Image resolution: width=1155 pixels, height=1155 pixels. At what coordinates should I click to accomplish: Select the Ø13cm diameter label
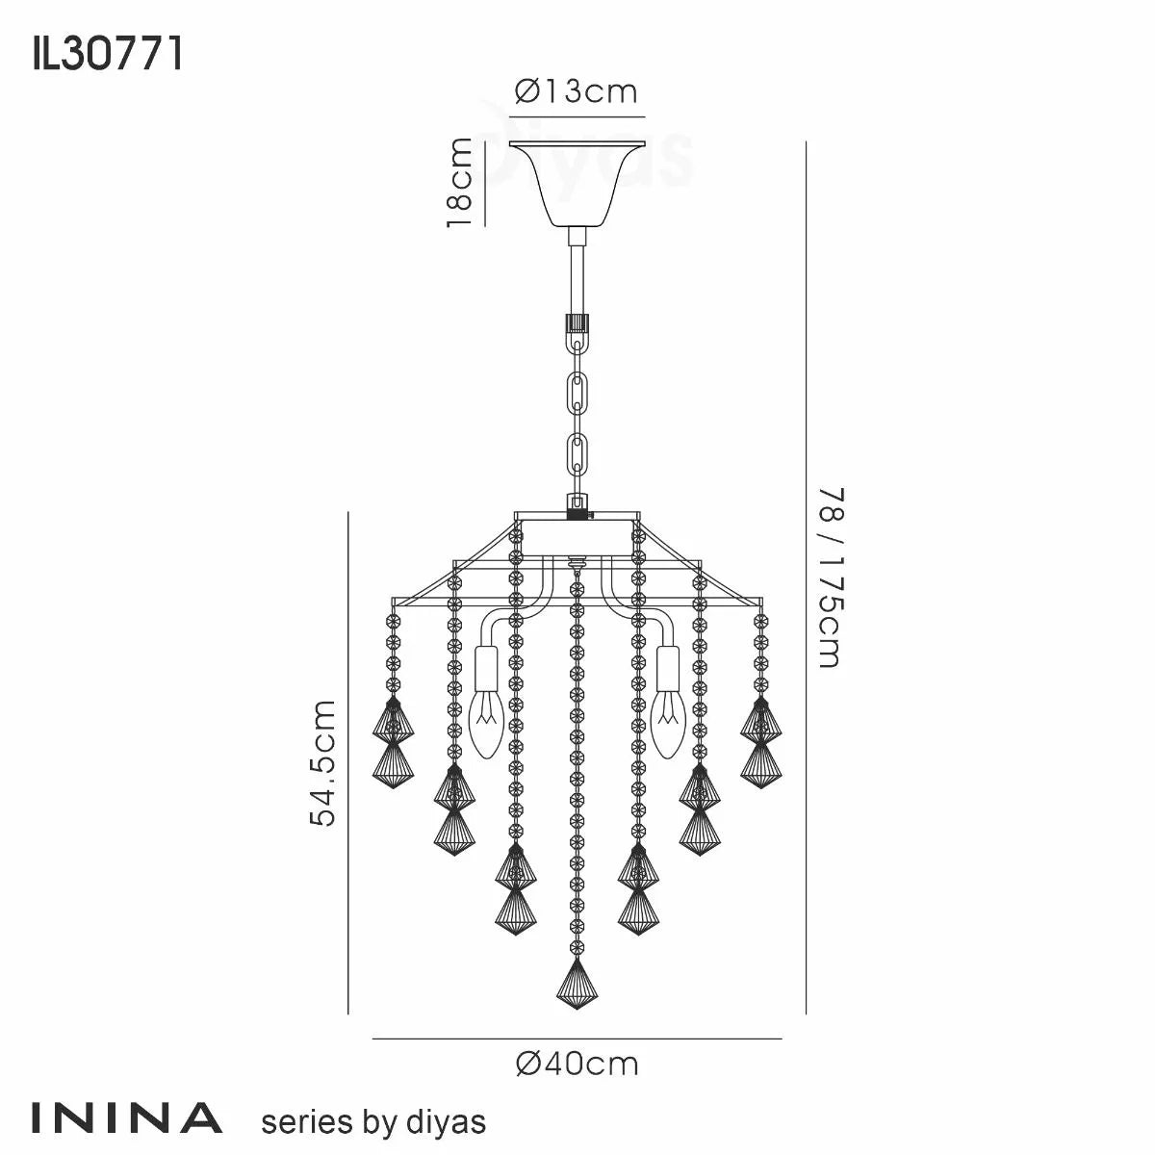point(577,91)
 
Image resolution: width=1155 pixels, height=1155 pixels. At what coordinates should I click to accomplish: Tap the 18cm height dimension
point(459,183)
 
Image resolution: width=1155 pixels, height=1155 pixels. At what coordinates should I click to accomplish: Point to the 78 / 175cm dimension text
point(829,577)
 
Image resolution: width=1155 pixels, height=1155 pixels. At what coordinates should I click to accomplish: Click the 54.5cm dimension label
point(323,762)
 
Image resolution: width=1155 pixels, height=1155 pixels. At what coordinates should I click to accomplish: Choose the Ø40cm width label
point(577,1064)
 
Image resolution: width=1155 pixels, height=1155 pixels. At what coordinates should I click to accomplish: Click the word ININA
point(128,1118)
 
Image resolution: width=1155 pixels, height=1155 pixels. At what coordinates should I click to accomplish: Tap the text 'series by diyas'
point(373,1121)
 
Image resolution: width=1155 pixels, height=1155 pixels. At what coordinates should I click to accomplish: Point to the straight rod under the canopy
point(576,274)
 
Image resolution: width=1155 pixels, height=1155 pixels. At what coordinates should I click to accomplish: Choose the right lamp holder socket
point(667,666)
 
